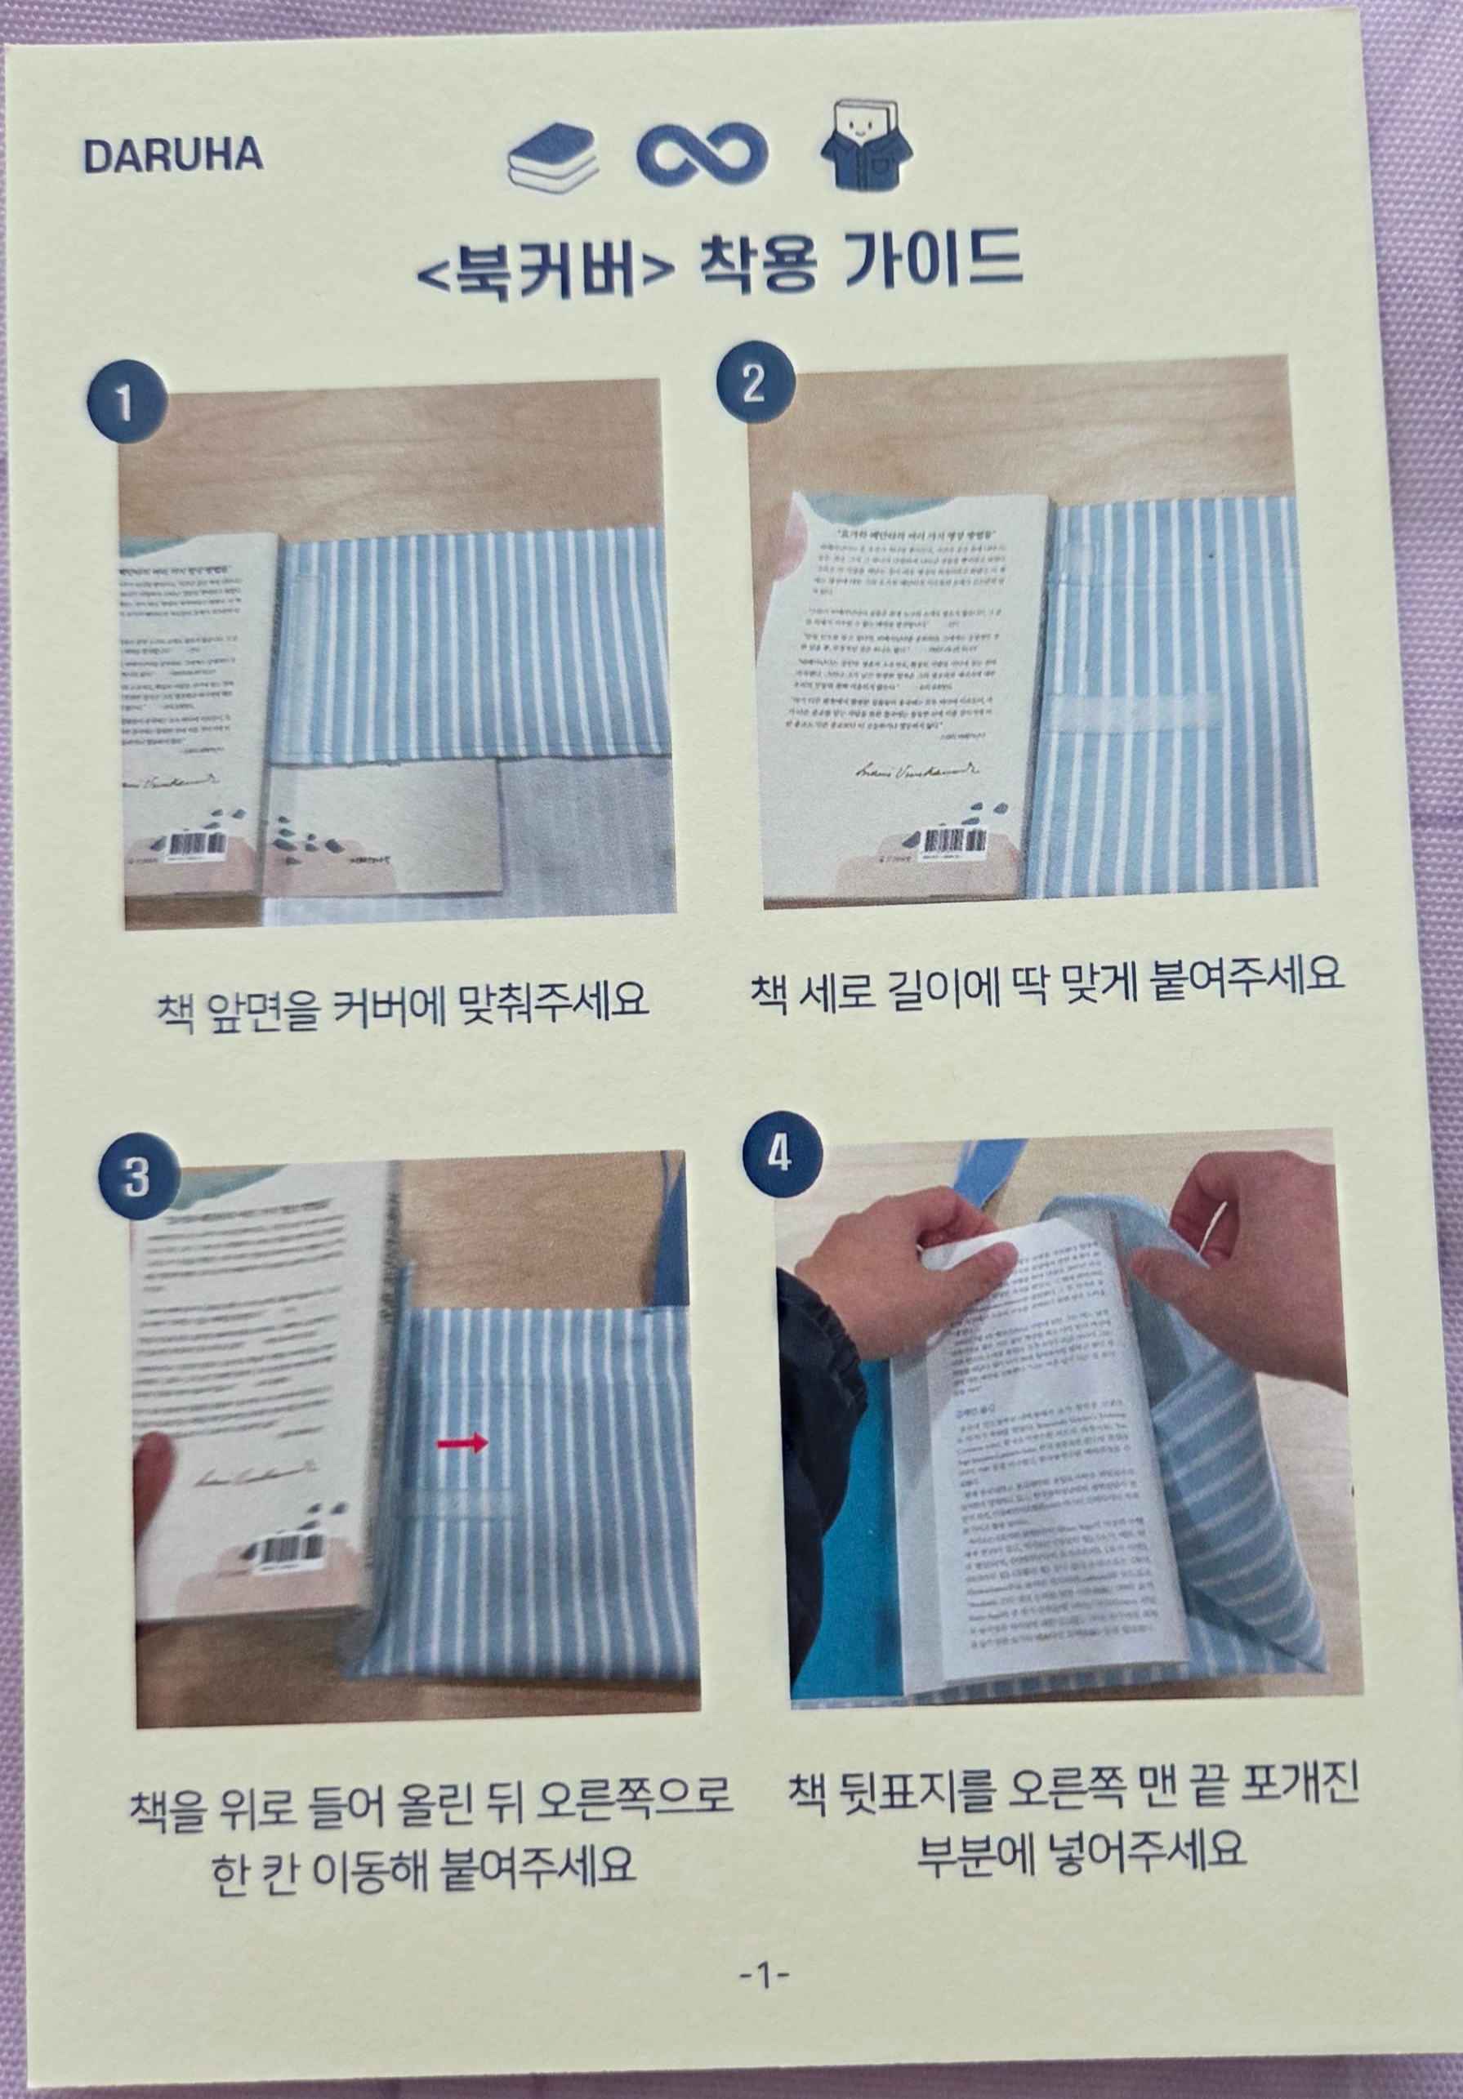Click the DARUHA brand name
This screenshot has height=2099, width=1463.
tap(173, 156)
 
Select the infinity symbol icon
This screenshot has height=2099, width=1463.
tap(703, 158)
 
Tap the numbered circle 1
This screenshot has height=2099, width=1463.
tap(125, 403)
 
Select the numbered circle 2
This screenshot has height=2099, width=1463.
tap(753, 385)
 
